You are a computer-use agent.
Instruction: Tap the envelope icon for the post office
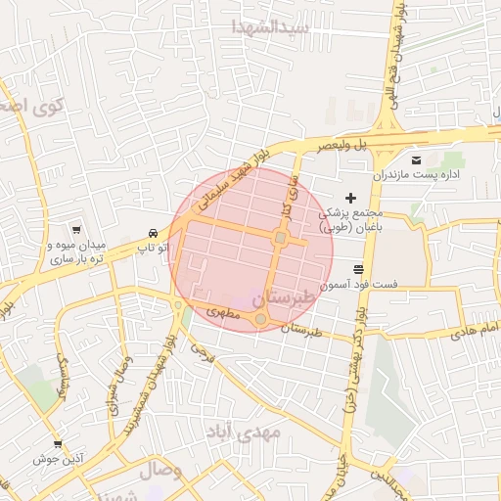(x=417, y=159)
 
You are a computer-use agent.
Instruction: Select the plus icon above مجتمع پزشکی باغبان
(x=350, y=199)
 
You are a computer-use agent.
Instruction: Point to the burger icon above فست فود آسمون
(x=360, y=267)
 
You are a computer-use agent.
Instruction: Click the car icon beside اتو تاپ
(x=153, y=233)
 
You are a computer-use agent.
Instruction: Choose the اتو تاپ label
(x=153, y=249)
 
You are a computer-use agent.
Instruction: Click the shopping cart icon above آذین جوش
(x=58, y=443)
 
